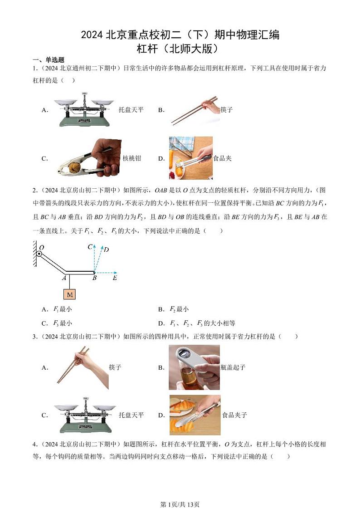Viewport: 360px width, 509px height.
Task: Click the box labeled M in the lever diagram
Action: pos(69,294)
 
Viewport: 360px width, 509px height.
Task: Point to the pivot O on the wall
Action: pos(39,254)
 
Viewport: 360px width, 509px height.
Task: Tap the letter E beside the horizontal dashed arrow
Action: pos(115,278)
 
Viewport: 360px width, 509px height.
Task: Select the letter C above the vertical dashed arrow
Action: pos(90,247)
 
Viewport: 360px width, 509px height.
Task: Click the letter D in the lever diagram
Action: pos(106,250)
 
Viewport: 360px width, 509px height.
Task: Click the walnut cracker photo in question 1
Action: pos(89,158)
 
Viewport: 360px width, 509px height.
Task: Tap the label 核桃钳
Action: pos(132,158)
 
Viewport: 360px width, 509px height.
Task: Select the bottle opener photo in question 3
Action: pos(194,367)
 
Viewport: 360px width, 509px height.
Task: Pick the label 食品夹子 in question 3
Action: pos(234,415)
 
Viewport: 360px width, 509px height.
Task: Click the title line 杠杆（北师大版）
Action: pos(180,48)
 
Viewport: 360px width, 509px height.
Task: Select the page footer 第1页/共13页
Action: pos(180,492)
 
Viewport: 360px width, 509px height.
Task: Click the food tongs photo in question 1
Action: pos(190,158)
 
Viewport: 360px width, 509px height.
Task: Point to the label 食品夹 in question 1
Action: pos(223,158)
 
